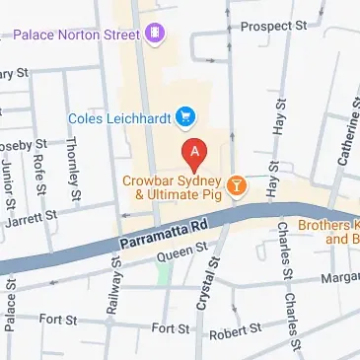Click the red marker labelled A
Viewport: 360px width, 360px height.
click(195, 153)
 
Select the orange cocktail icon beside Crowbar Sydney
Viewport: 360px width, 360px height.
click(237, 184)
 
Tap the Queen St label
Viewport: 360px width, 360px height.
click(178, 255)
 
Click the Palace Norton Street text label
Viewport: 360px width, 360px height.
click(76, 36)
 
